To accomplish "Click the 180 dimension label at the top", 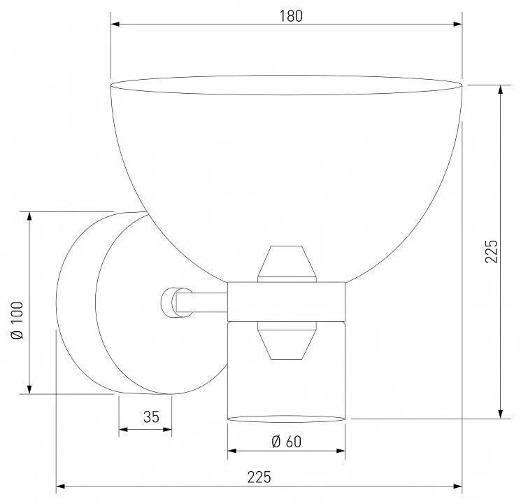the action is [x=291, y=16].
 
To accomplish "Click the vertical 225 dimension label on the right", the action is [x=492, y=251].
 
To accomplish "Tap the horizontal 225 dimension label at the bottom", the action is [x=259, y=477].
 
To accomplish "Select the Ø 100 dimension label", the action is [x=17, y=321].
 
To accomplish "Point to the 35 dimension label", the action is [x=151, y=416].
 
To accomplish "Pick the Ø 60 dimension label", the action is [x=287, y=442].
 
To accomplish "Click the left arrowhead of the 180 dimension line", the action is [x=115, y=24].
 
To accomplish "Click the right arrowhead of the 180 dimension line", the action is [x=458, y=24].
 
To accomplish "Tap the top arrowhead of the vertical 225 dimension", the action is [x=501, y=90].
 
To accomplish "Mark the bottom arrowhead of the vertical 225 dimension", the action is [x=501, y=414].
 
